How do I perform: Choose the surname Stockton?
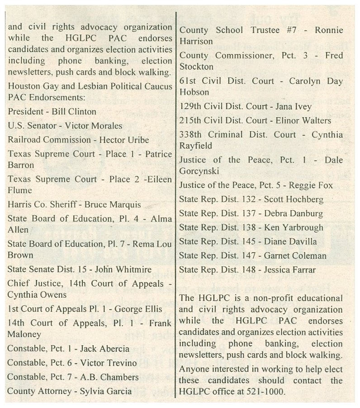[196, 66]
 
